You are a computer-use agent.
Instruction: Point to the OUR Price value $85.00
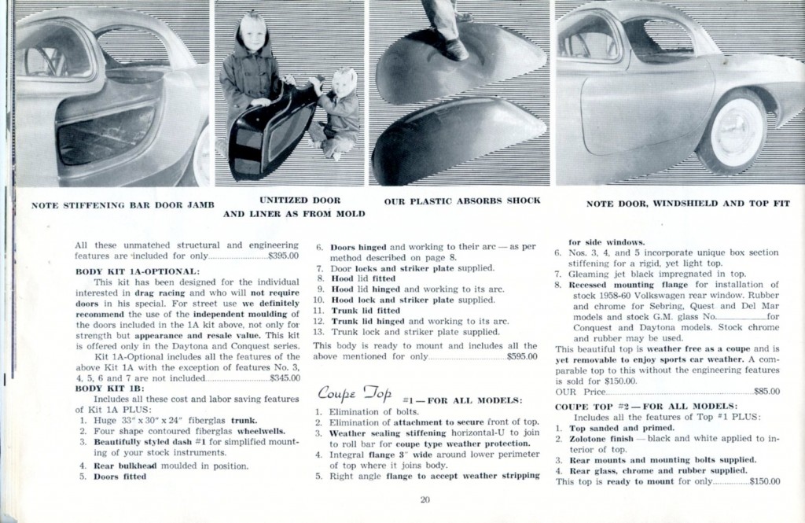coord(766,391)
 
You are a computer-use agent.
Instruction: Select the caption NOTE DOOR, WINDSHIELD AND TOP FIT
coord(688,203)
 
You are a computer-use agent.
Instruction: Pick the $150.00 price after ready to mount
coord(765,481)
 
